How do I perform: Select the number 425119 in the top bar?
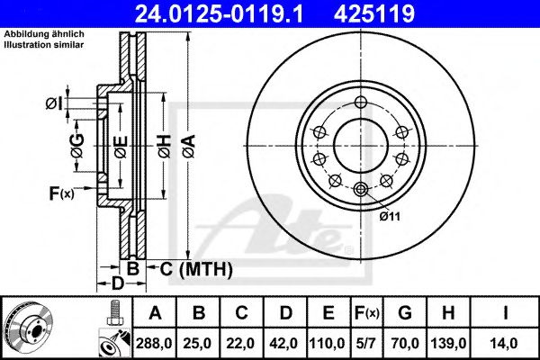pos(413,14)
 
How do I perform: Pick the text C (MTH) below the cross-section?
pos(197,269)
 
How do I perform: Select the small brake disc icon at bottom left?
pos(26,327)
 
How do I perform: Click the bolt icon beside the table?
pos(113,314)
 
